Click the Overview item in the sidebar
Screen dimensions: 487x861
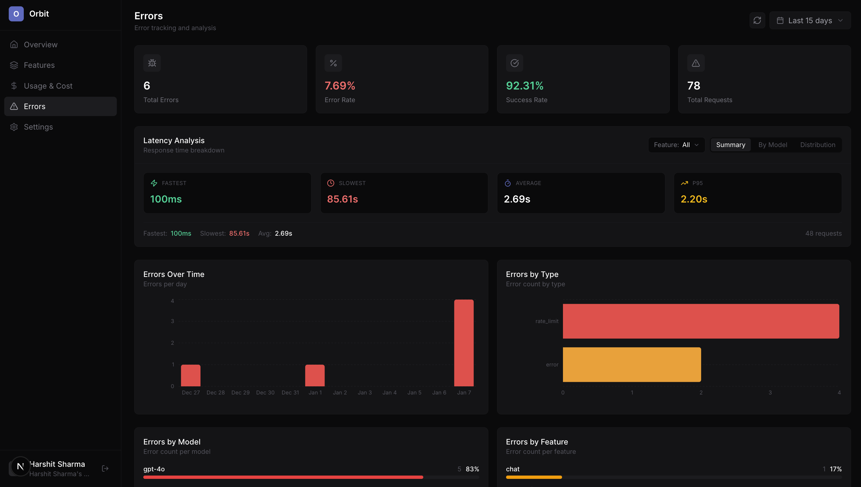click(40, 45)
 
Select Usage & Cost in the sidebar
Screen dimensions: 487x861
click(48, 86)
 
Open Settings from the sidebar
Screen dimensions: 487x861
click(38, 127)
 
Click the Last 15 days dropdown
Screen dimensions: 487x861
click(810, 20)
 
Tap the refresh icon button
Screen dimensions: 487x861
click(757, 20)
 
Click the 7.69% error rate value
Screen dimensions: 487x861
click(340, 86)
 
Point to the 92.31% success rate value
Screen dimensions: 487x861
click(524, 86)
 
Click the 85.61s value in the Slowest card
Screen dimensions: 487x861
click(342, 199)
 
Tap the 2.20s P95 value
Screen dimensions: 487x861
click(694, 199)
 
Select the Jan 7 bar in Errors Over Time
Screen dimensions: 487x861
click(464, 343)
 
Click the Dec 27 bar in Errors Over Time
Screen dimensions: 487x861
click(191, 375)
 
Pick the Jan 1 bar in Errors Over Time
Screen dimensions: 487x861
click(315, 375)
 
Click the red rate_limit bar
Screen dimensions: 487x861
click(701, 321)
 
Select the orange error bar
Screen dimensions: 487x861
click(632, 365)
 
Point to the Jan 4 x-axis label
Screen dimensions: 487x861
click(389, 393)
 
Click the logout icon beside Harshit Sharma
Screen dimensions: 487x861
click(105, 468)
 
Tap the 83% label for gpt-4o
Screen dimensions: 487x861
click(472, 469)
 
